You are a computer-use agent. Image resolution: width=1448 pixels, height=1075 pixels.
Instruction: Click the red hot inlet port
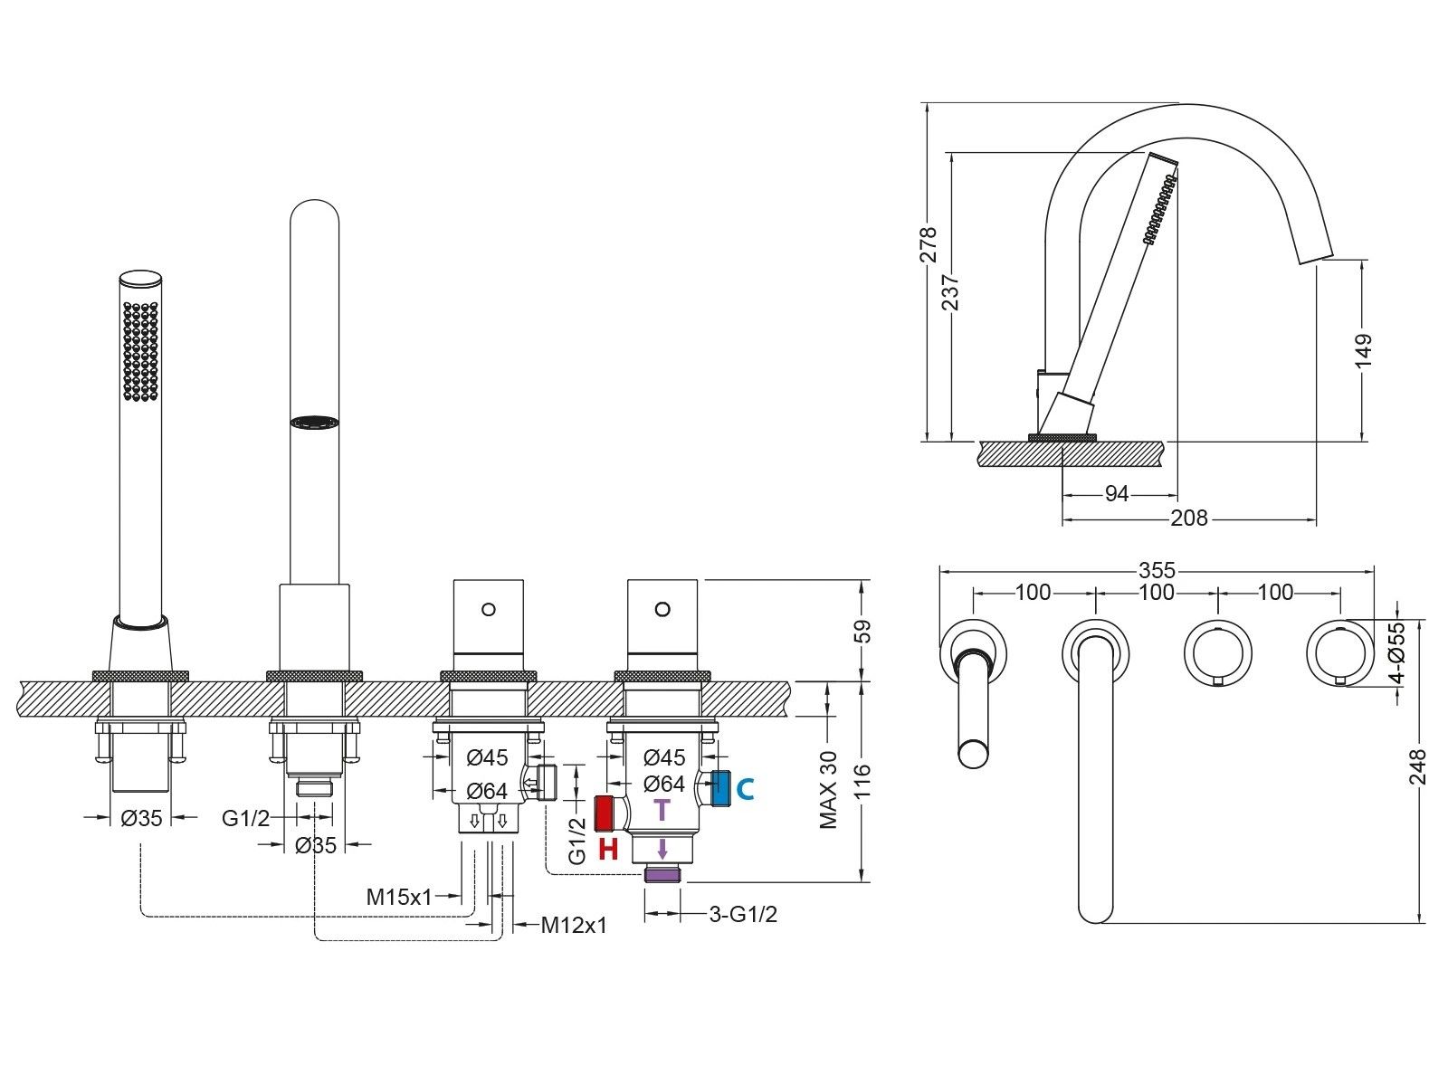[x=604, y=814]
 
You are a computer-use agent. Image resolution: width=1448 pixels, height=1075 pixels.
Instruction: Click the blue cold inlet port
[x=721, y=788]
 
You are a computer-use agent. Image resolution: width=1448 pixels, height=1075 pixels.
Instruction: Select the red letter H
[x=608, y=850]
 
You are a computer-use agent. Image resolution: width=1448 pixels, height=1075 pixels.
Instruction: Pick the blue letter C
[x=745, y=789]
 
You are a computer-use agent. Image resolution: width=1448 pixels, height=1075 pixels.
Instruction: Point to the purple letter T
[x=662, y=809]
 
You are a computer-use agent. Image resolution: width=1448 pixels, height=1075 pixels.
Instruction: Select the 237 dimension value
[x=951, y=292]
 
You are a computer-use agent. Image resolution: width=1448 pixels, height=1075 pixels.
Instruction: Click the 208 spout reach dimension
[x=1189, y=518]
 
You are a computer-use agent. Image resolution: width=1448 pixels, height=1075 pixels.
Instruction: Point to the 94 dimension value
[x=1118, y=494]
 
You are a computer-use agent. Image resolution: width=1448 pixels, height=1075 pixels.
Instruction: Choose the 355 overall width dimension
[x=1157, y=570]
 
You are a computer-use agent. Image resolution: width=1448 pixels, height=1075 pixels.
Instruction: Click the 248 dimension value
[x=1418, y=767]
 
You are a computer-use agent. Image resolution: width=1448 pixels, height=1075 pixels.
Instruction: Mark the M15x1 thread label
[x=399, y=897]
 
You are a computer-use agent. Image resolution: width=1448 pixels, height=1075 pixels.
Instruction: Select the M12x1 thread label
[x=575, y=925]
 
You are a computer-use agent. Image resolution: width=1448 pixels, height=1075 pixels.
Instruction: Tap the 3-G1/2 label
[x=743, y=914]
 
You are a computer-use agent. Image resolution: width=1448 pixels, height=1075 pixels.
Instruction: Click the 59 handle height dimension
[x=864, y=630]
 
